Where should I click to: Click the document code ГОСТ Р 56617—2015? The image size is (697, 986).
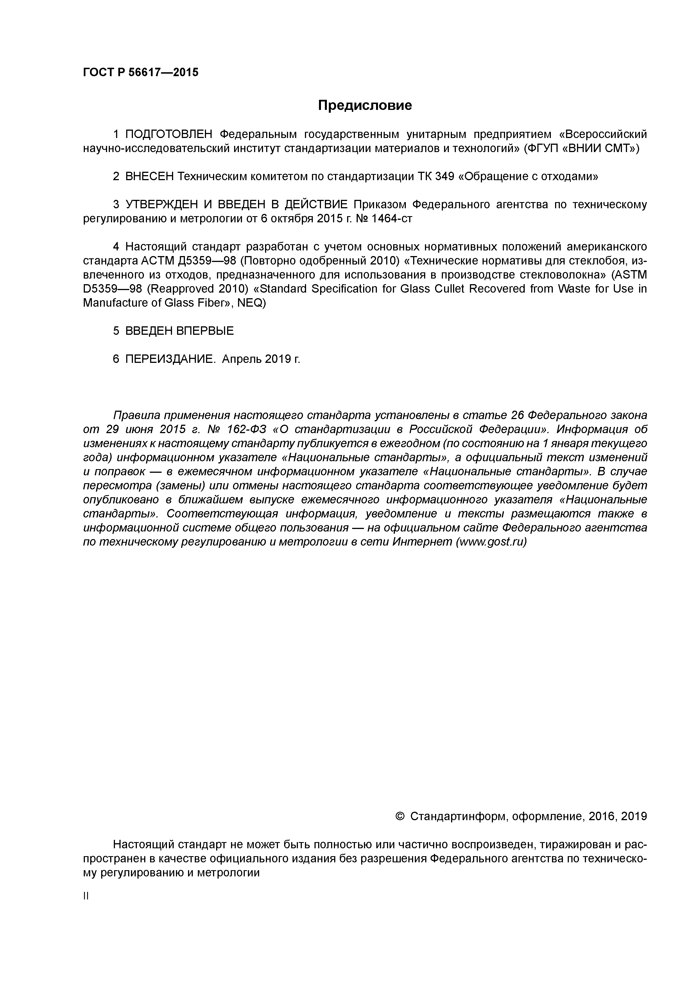pos(141,72)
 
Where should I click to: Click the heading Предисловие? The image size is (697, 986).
pos(365,105)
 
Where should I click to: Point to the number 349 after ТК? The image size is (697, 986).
pos(445,177)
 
